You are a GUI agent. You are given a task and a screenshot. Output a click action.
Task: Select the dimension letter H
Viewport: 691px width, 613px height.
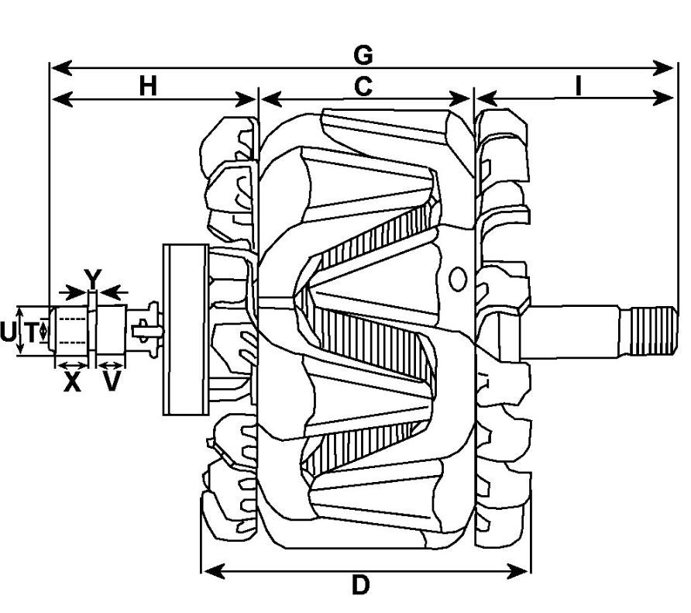coord(148,85)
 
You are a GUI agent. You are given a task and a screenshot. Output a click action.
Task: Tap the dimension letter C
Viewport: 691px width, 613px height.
coord(363,86)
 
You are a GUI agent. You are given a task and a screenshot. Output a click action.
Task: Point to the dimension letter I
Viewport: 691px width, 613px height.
coord(578,85)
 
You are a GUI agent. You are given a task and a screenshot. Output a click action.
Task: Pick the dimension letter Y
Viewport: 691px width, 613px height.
coord(92,277)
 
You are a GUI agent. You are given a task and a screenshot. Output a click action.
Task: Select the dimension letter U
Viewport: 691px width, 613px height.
coord(8,333)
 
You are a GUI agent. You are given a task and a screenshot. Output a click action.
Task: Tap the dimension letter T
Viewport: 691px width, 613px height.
coord(30,333)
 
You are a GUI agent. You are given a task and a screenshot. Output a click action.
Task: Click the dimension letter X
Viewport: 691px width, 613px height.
coord(72,381)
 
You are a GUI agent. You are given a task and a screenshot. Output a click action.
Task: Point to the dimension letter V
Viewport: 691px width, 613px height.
coord(112,381)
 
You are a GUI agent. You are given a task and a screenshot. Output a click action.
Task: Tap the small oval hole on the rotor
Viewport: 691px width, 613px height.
coord(458,278)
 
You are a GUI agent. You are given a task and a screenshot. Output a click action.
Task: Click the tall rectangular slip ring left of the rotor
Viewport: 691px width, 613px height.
coord(184,329)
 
